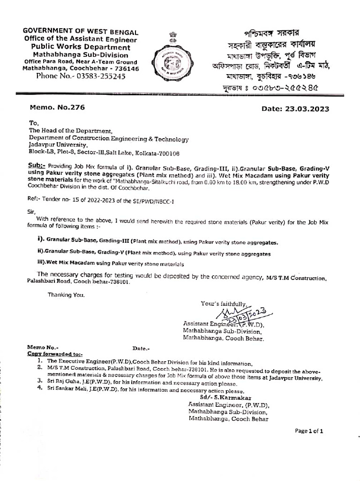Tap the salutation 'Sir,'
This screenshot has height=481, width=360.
pyautogui.click(x=32, y=211)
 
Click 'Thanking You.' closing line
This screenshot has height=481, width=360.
pyautogui.click(x=66, y=295)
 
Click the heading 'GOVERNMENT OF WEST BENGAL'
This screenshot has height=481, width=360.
pyautogui.click(x=81, y=32)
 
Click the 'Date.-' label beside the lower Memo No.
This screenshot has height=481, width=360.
pyautogui.click(x=141, y=349)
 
